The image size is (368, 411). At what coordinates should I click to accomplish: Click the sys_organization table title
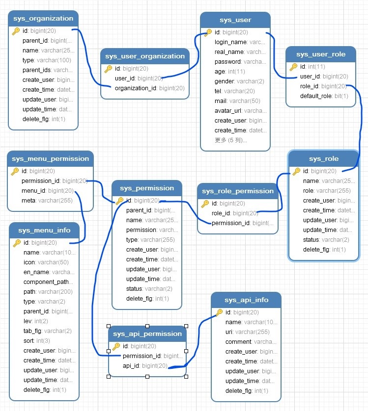point(44,19)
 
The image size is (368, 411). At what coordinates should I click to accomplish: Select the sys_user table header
point(235,20)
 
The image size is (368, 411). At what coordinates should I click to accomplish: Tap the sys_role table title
point(323,159)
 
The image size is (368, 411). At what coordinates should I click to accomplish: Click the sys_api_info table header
point(246,300)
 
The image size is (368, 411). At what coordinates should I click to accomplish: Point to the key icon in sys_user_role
point(293,67)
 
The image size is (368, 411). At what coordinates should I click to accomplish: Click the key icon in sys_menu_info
point(17,243)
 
